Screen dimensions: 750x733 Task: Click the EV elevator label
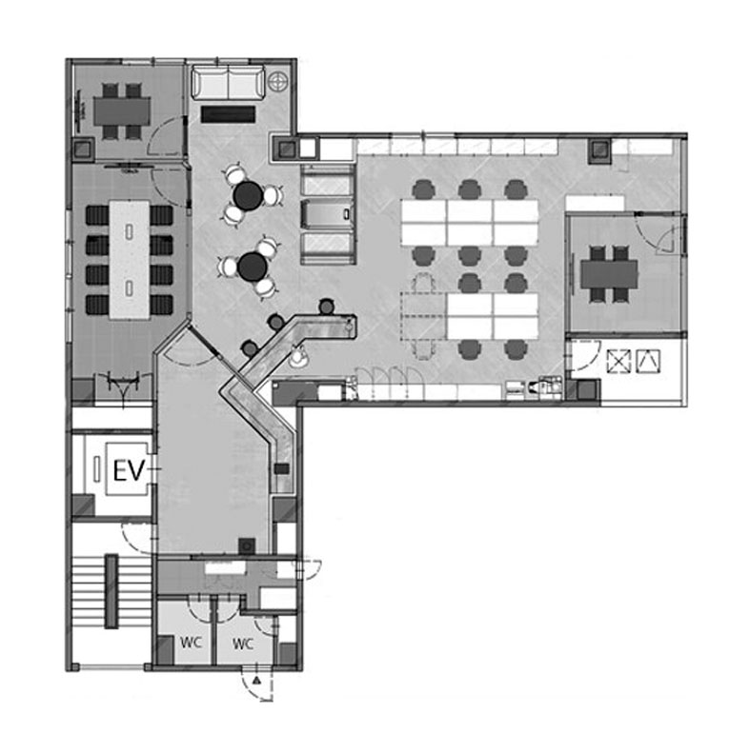129,470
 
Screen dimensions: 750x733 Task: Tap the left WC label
191,643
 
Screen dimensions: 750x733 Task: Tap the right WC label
242,644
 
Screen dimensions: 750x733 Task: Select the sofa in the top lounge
228,83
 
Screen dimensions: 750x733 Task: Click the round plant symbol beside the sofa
278,82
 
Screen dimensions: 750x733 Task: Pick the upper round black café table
248,195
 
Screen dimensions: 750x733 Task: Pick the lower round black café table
253,267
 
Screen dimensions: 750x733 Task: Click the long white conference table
130,260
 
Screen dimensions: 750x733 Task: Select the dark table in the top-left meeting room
122,111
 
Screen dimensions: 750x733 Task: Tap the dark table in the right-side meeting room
609,274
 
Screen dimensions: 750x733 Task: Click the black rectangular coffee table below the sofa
228,114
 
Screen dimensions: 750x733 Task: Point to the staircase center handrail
111,590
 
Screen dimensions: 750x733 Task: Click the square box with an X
618,361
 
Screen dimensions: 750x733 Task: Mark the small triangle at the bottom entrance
257,681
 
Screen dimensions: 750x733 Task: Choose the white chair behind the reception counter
299,356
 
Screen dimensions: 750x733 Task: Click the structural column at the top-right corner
599,151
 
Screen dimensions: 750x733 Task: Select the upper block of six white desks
470,223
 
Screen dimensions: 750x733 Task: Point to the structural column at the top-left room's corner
83,149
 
